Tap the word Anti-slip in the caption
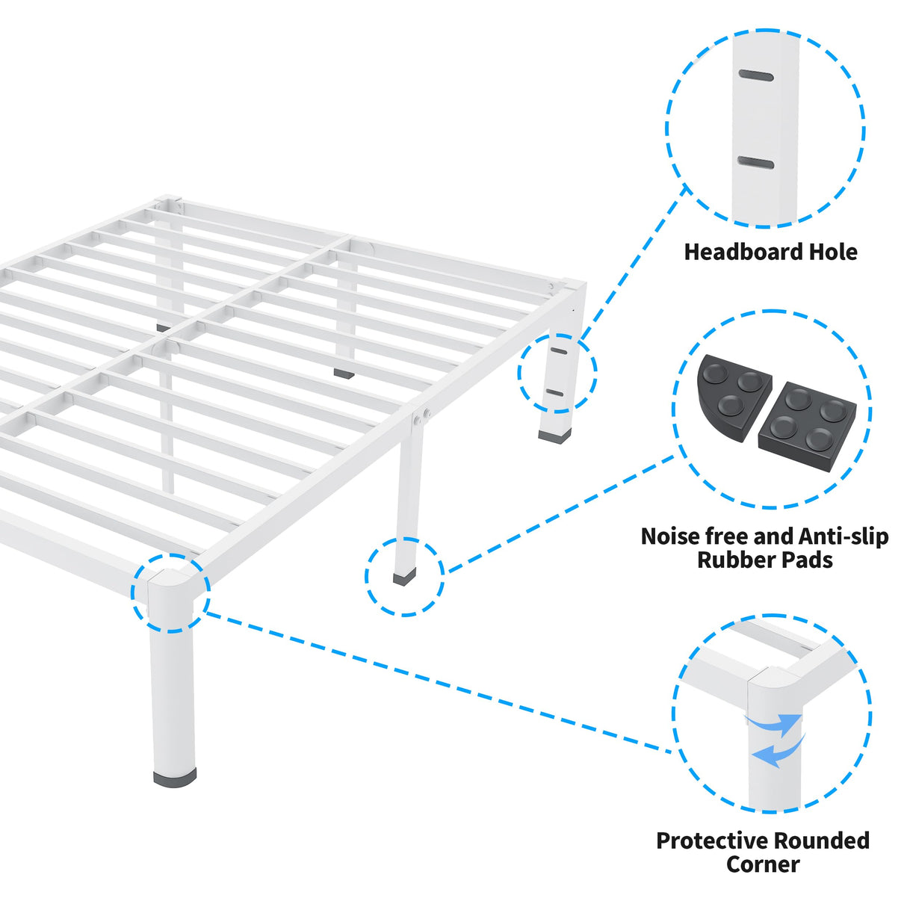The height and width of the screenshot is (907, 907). pyautogui.click(x=843, y=536)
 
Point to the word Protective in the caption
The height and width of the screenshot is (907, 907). pyautogui.click(x=713, y=841)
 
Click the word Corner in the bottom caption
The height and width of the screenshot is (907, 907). pyautogui.click(x=763, y=864)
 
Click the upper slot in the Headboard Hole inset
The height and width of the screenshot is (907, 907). pyautogui.click(x=756, y=75)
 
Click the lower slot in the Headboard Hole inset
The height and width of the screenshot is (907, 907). pyautogui.click(x=755, y=163)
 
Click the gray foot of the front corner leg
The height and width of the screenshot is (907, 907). pyautogui.click(x=175, y=778)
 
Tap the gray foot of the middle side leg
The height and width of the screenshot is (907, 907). pyautogui.click(x=404, y=577)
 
